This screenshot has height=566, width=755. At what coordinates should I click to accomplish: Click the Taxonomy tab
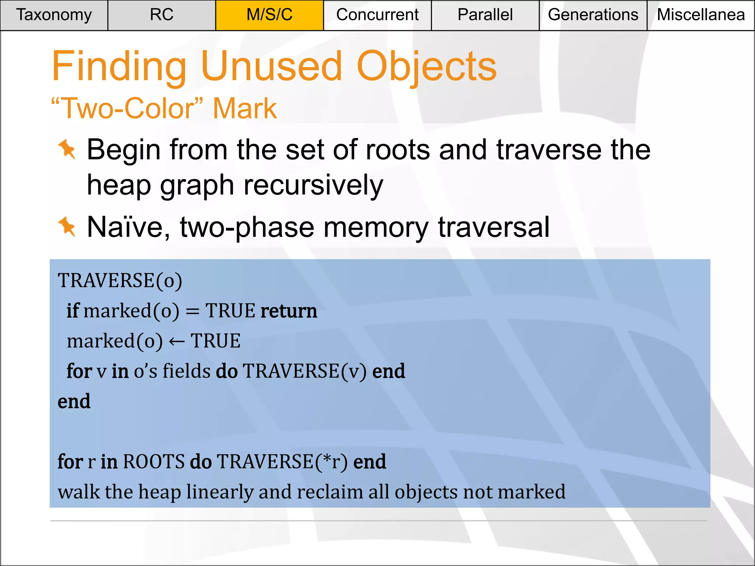[54, 15]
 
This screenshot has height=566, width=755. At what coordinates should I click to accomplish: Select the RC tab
[161, 15]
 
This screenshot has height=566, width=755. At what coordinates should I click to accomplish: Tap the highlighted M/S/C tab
[269, 15]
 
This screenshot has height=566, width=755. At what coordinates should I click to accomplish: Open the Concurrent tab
[377, 15]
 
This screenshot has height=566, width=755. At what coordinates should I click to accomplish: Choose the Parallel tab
[485, 15]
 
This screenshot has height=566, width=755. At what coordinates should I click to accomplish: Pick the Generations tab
[593, 15]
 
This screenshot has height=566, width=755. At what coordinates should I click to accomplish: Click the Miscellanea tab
[701, 15]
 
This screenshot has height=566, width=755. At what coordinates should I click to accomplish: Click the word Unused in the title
[272, 66]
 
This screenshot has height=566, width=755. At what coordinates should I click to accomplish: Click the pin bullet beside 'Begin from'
[67, 149]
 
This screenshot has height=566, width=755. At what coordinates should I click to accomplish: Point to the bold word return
[289, 311]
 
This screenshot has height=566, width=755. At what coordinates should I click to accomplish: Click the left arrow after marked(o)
[177, 342]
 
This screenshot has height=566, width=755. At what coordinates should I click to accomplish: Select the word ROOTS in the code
[154, 461]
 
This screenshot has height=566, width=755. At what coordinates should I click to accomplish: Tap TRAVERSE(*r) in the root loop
[282, 461]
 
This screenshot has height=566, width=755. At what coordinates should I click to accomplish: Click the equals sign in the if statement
[192, 311]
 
